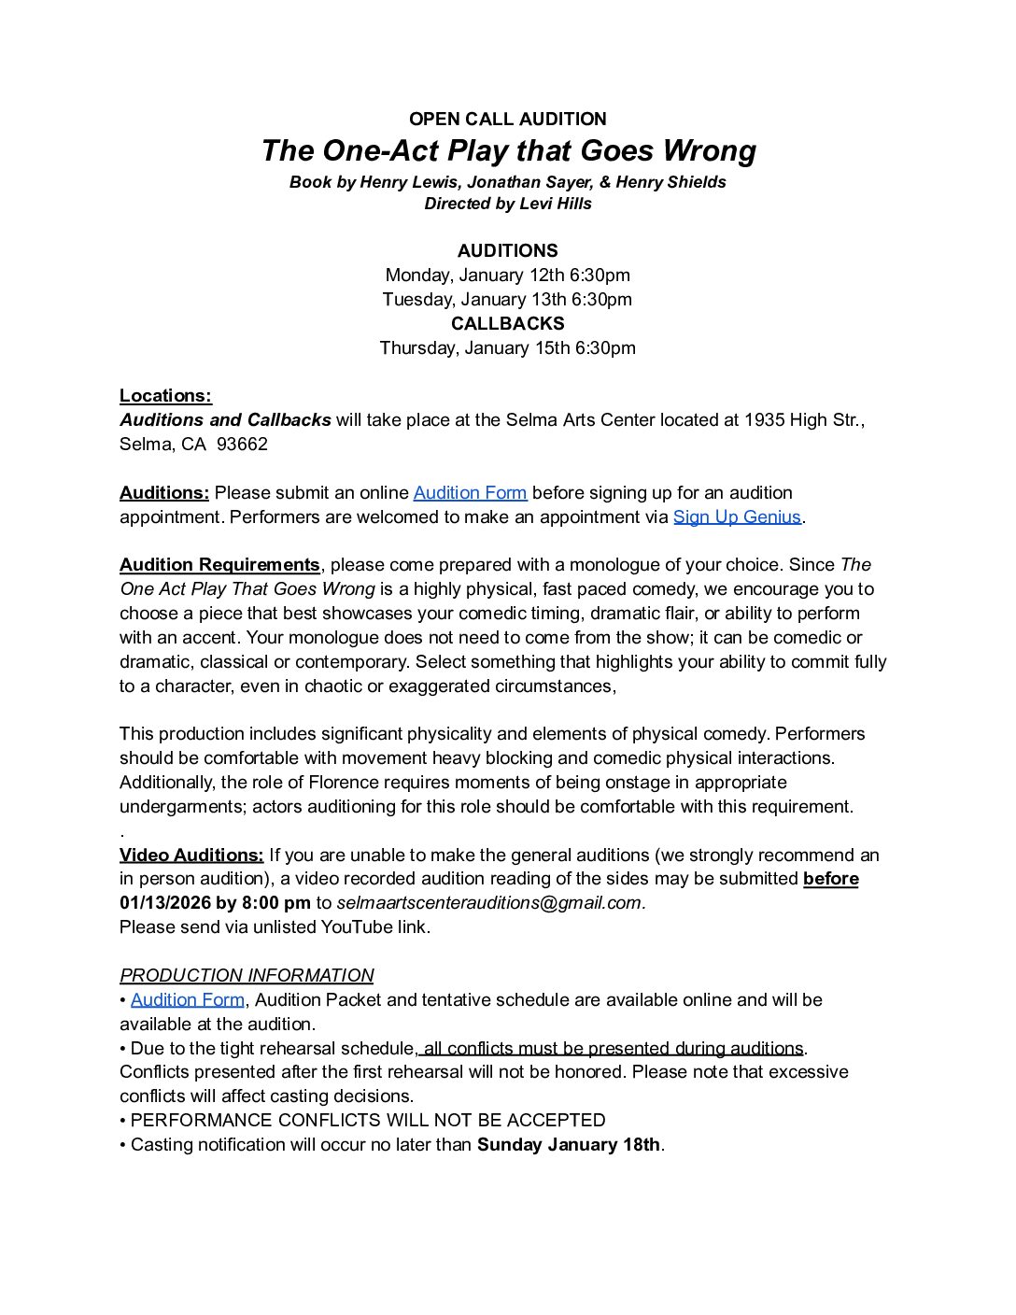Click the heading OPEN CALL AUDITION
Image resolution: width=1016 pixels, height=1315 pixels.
507,119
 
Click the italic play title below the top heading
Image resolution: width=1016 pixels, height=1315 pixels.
508,150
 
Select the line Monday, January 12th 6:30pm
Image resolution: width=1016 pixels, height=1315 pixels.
507,275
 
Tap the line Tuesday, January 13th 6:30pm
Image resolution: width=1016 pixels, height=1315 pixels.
507,299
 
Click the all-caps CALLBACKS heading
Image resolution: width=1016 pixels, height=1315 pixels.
507,323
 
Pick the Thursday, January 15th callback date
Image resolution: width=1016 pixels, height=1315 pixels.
507,347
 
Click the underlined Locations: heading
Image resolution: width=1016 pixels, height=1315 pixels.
165,396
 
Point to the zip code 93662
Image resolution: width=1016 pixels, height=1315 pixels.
242,445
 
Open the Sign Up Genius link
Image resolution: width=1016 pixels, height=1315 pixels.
737,517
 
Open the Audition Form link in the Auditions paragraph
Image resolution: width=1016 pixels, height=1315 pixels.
470,493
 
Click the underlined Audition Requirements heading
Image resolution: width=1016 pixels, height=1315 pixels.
219,565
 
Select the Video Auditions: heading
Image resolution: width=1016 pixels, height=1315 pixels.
191,855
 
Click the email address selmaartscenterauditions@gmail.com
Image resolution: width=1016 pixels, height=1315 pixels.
489,903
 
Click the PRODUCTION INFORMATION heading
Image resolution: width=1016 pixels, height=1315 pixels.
247,976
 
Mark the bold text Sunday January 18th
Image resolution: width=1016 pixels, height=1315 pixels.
569,1145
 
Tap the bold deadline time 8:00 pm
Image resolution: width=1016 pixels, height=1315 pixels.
275,903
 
